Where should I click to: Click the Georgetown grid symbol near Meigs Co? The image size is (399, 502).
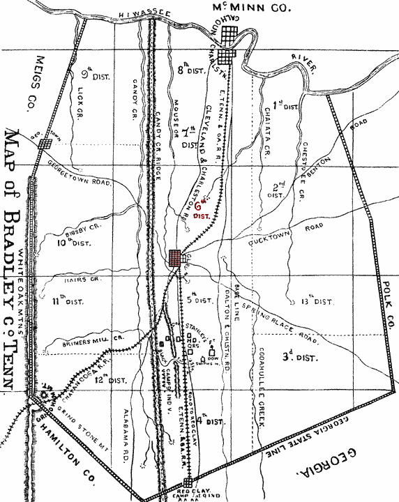tap(46, 144)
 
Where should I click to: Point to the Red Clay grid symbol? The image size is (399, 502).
tap(188, 482)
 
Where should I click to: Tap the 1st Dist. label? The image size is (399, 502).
tap(286, 106)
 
